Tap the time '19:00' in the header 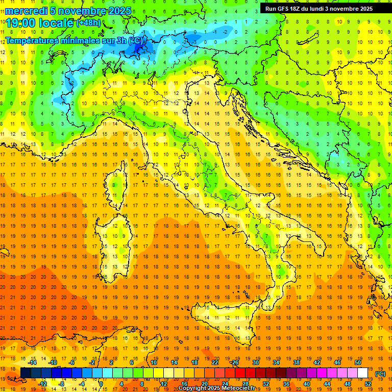(x=21, y=23)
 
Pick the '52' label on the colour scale (x=368, y=383)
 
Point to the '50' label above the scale (x=358, y=362)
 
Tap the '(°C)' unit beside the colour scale (x=380, y=373)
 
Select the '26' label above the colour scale (x=235, y=362)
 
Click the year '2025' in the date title (x=119, y=10)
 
